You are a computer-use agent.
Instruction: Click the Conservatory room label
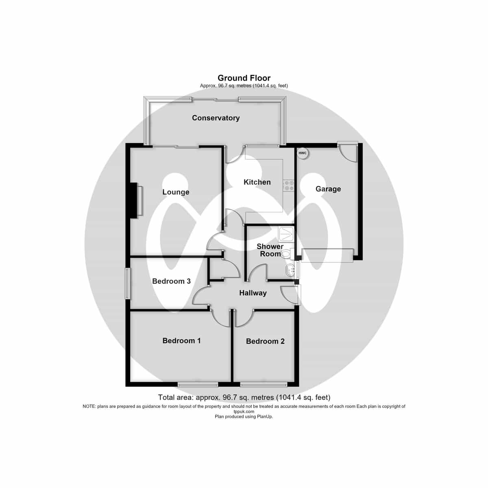pyautogui.click(x=216, y=118)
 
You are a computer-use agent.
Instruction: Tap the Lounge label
pyautogui.click(x=176, y=192)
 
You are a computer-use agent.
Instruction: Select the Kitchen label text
pyautogui.click(x=257, y=182)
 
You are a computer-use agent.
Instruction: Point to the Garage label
pyautogui.click(x=328, y=189)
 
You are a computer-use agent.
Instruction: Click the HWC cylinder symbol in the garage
pyautogui.click(x=303, y=153)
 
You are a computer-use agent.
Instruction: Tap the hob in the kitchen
pyautogui.click(x=288, y=185)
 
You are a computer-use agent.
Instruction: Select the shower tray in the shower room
pyautogui.click(x=286, y=234)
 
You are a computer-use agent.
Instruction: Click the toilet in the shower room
pyautogui.click(x=288, y=254)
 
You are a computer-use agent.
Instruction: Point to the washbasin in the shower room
pyautogui.click(x=290, y=270)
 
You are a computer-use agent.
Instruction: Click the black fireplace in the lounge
pyautogui.click(x=134, y=200)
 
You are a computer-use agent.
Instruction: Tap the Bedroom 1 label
pyautogui.click(x=181, y=341)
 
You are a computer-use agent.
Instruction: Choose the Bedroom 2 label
pyautogui.click(x=265, y=341)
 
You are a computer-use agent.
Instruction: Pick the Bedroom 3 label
pyautogui.click(x=172, y=281)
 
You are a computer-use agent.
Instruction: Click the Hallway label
pyautogui.click(x=253, y=293)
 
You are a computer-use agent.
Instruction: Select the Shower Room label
pyautogui.click(x=270, y=250)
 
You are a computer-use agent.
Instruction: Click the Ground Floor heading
pyautogui.click(x=244, y=78)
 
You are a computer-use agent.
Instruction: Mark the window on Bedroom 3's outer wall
pyautogui.click(x=128, y=283)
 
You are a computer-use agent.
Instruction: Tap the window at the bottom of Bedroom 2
pyautogui.click(x=264, y=385)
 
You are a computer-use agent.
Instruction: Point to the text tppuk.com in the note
pyautogui.click(x=244, y=412)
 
